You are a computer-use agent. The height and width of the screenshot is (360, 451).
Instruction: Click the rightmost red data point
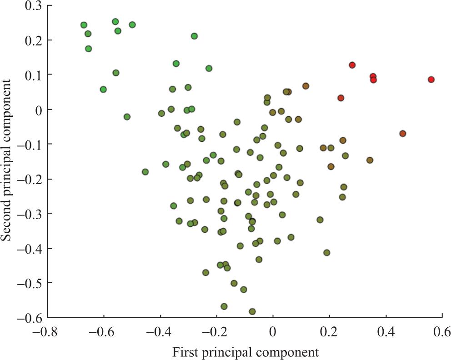click(431, 80)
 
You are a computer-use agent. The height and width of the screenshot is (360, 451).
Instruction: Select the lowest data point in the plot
click(252, 311)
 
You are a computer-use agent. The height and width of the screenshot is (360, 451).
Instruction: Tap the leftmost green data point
click(84, 25)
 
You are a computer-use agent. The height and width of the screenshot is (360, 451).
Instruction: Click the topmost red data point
click(352, 65)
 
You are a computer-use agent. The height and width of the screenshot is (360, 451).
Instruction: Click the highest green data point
click(115, 21)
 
